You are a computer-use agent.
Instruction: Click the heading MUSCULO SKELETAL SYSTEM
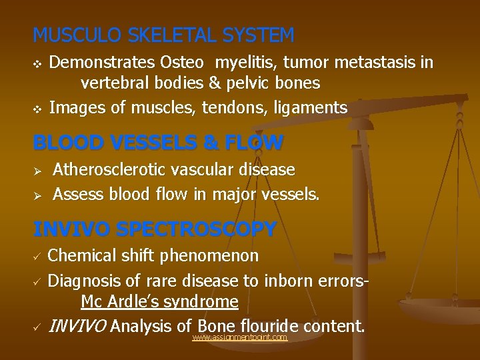[x=163, y=35]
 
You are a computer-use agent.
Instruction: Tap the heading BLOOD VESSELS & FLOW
[x=158, y=142]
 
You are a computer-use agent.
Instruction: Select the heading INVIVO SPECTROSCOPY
[x=155, y=229]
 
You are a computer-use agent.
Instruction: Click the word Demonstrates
[x=103, y=63]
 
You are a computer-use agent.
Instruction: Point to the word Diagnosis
[x=84, y=281]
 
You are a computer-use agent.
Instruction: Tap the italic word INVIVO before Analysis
[x=78, y=327]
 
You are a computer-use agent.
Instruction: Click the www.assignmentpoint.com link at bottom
[x=239, y=338]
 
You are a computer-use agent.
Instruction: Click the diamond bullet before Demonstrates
[x=37, y=64]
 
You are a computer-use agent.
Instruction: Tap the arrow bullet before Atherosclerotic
[x=38, y=171]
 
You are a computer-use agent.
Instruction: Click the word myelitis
[x=244, y=63]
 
